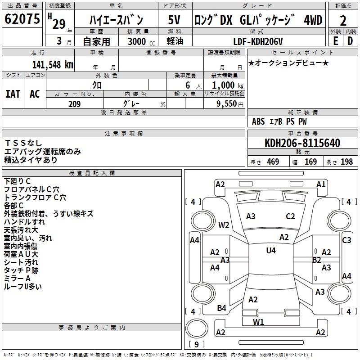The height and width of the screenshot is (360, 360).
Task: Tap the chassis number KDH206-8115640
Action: (302, 143)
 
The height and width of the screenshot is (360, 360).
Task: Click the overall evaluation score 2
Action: (343, 20)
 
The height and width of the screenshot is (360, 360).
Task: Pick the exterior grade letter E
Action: (335, 41)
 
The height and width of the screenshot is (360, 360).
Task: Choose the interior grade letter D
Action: (350, 41)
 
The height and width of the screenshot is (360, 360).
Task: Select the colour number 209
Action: (74, 104)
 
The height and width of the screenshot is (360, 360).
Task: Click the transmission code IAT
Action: (13, 94)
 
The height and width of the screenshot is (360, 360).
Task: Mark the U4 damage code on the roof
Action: (270, 250)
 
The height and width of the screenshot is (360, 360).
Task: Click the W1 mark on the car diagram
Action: (258, 322)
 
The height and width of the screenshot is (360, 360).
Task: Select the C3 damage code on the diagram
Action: (346, 240)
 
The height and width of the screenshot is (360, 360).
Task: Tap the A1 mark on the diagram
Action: (321, 184)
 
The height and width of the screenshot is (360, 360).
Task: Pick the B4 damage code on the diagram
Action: (221, 308)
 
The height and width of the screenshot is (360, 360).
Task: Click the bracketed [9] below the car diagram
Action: (196, 345)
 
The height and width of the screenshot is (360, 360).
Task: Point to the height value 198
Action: (346, 162)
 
